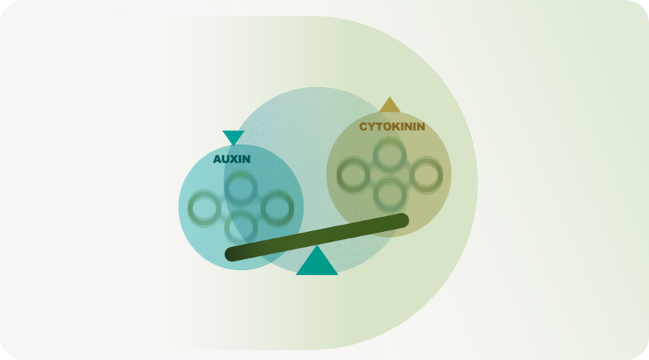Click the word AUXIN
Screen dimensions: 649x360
tap(232, 159)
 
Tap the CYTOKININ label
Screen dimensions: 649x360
tap(392, 127)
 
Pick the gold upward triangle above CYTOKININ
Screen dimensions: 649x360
tap(389, 105)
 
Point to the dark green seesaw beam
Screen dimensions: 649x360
tap(317, 238)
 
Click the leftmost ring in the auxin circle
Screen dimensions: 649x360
tap(204, 208)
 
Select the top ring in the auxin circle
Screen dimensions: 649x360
tap(241, 189)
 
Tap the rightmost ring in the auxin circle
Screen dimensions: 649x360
tap(277, 208)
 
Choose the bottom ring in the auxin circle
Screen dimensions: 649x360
tap(241, 228)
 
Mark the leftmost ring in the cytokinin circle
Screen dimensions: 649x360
tap(353, 175)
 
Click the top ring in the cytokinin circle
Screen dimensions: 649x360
tap(389, 156)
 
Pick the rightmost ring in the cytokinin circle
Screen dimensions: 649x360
tap(426, 175)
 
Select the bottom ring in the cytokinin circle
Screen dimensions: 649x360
tap(389, 194)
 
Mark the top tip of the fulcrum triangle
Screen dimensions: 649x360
tap(317, 246)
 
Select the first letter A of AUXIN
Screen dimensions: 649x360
tap(217, 159)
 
